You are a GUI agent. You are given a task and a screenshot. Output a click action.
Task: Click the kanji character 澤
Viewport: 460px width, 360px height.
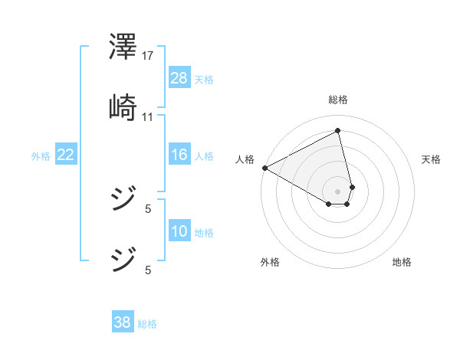[123, 47]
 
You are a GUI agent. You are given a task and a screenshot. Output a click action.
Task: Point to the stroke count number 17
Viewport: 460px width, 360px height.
[148, 55]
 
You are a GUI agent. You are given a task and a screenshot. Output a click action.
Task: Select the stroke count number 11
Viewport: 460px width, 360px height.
[148, 116]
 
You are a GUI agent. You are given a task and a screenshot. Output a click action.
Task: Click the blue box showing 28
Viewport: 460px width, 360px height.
[179, 77]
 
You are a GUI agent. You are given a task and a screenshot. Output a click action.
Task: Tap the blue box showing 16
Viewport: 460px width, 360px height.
[179, 155]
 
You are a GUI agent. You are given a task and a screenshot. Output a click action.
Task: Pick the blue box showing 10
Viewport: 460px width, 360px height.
[179, 231]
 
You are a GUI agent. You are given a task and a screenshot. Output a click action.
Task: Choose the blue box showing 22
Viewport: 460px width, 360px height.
[66, 155]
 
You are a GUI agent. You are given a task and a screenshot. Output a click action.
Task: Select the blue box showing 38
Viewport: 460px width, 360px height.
[122, 322]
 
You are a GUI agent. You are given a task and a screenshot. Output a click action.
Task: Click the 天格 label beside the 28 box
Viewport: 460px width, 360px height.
[204, 79]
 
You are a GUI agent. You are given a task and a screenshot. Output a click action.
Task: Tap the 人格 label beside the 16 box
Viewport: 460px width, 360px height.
[204, 156]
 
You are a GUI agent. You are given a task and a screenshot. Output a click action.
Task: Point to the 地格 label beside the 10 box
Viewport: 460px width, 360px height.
[204, 233]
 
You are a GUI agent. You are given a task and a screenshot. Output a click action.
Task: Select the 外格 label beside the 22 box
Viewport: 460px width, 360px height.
[41, 156]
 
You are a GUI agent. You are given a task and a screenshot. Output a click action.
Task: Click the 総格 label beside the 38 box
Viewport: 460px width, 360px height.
[147, 324]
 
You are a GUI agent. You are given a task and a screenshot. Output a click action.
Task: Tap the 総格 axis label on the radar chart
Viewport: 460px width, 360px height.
[338, 100]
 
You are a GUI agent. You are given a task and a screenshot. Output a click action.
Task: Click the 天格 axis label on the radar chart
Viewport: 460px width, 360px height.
[432, 159]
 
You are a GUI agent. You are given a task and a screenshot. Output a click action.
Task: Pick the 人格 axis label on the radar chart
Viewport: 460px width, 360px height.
[245, 159]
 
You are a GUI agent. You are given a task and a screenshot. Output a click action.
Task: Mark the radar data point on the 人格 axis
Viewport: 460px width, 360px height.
[264, 168]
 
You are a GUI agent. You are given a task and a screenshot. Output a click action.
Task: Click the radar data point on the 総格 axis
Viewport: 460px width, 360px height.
[338, 131]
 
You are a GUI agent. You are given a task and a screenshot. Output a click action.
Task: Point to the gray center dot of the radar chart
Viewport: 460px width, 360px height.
[338, 191]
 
